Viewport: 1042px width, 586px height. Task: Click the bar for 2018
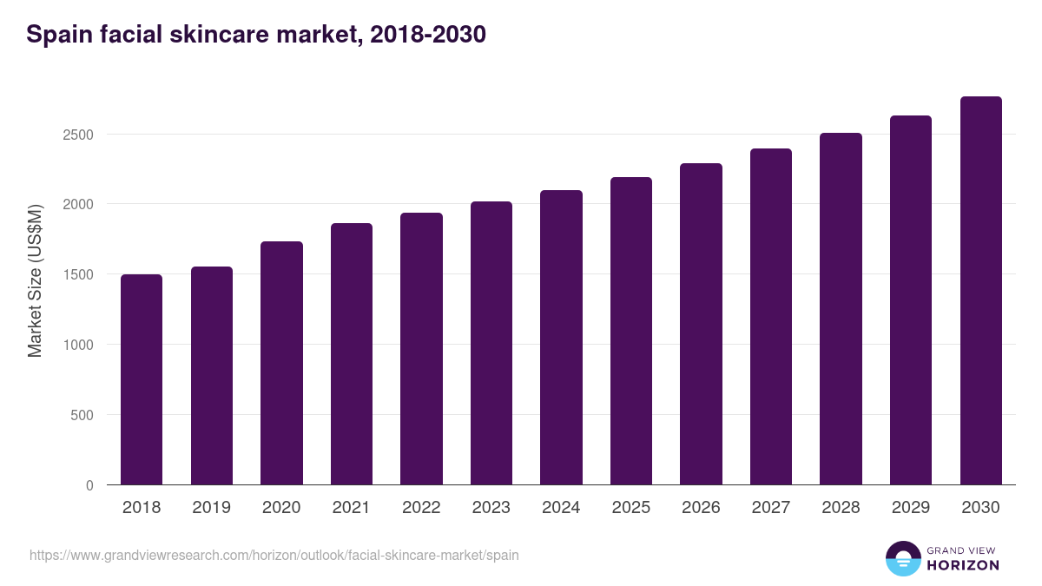coord(142,379)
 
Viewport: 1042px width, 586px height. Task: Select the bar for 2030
coord(980,291)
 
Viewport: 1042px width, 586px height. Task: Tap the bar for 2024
coord(561,338)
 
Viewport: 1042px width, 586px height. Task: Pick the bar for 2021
coord(352,354)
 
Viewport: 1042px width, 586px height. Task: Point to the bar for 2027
coord(771,317)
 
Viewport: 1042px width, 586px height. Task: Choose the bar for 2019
coord(212,376)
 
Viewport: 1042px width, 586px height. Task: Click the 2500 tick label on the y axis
coord(78,135)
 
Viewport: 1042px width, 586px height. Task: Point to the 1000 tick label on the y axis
coord(78,345)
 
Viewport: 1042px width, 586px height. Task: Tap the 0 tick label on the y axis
coord(89,485)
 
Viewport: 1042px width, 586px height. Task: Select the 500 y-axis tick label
coord(82,415)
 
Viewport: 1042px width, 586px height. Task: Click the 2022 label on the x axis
coord(421,508)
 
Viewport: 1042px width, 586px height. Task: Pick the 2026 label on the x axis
coord(701,508)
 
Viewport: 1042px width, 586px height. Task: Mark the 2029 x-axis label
coord(911,508)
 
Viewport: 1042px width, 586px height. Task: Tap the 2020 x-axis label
coord(281,508)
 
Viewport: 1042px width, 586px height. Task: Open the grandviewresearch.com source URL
coord(274,555)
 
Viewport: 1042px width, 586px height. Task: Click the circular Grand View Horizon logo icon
coord(903,558)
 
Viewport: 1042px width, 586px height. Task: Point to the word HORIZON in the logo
coord(963,565)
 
